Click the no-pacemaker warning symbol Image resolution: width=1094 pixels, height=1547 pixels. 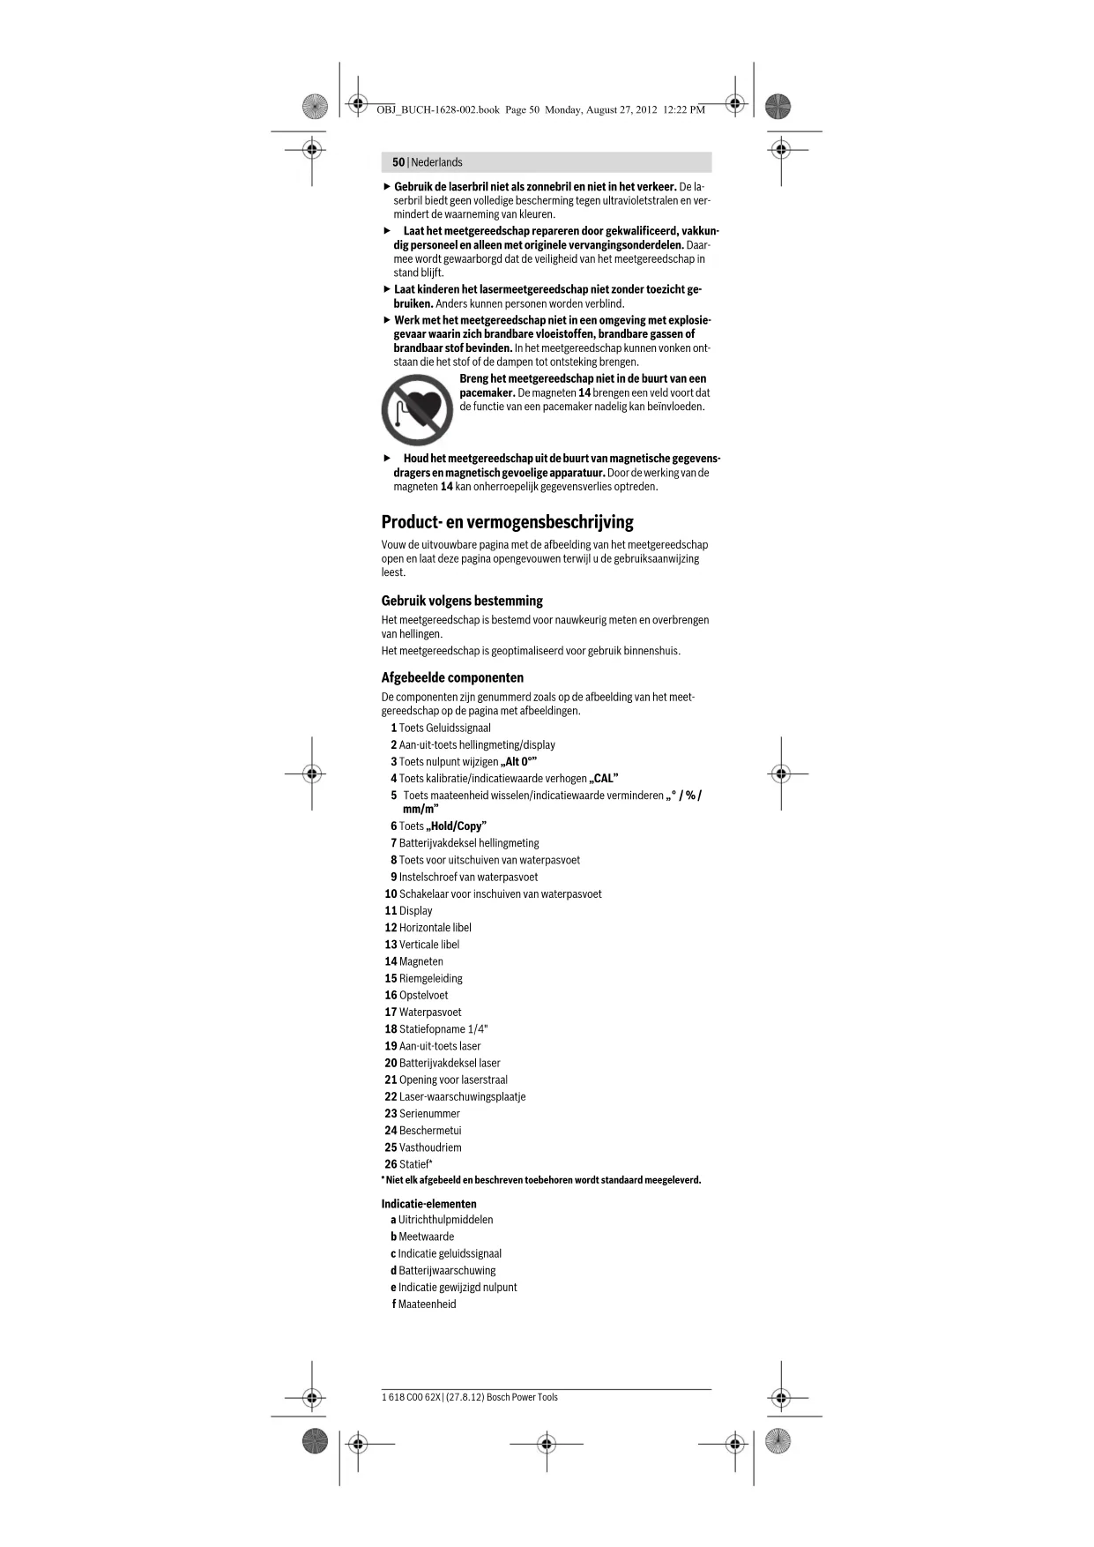pos(417,410)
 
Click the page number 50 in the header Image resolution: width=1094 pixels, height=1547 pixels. pos(398,162)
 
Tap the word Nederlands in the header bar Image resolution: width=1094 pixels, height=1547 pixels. pos(436,162)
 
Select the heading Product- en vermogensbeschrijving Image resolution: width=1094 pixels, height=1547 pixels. pos(507,522)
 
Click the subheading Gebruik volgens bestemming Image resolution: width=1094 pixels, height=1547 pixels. pos(462,601)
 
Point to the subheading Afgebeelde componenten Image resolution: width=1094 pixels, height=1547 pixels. pos(452,677)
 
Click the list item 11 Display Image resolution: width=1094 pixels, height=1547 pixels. pos(408,911)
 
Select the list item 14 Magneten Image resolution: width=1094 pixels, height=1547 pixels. pos(413,961)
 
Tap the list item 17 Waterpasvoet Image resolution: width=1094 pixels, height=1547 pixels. pos(422,1013)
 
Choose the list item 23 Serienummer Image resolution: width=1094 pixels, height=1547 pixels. pos(421,1114)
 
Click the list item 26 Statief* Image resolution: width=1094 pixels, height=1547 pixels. pos(408,1164)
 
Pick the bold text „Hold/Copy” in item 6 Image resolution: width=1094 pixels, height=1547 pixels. pos(456,826)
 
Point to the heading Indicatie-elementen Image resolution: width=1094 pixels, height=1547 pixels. pos(428,1204)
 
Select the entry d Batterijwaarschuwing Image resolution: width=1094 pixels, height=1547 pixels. pos(443,1271)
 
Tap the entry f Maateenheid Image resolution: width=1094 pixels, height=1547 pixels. pos(424,1304)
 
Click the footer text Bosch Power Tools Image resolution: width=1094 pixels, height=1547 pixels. pos(522,1397)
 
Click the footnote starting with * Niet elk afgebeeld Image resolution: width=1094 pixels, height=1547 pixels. pos(541,1180)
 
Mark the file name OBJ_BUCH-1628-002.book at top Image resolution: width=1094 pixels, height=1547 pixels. pos(437,110)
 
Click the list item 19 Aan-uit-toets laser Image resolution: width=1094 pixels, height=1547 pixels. pos(432,1046)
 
